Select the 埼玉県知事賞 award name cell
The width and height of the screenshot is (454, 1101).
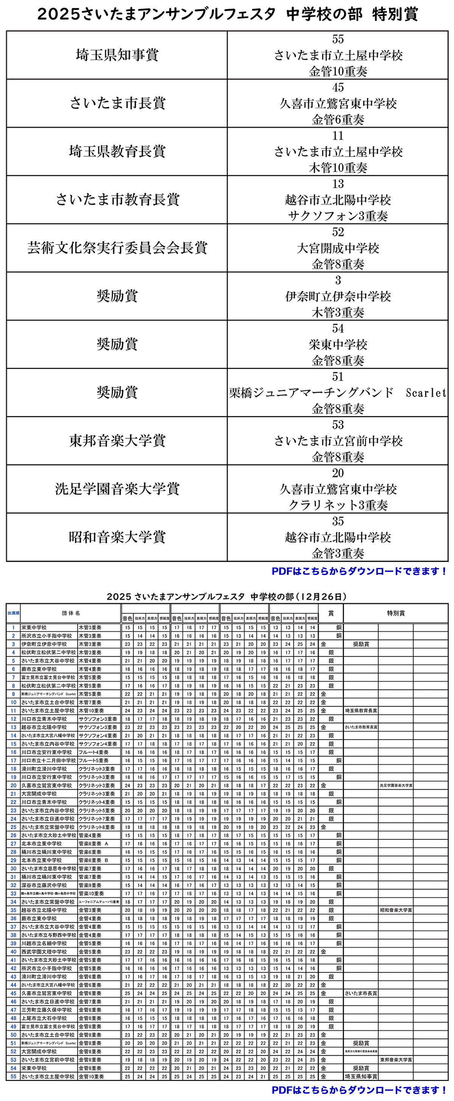(x=117, y=55)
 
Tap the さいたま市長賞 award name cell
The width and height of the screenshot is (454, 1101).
(x=117, y=103)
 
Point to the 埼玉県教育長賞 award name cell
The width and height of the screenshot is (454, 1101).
(x=117, y=151)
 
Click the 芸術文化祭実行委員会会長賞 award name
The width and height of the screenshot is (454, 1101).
(x=117, y=248)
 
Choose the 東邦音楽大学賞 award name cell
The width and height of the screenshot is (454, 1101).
(x=117, y=441)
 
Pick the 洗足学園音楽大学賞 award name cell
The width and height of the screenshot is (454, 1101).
(x=117, y=489)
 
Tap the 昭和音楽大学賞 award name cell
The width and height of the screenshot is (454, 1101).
(x=117, y=537)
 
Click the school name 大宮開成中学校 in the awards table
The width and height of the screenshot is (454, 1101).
(x=338, y=248)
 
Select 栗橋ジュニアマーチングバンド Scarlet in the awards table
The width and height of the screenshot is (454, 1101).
(x=338, y=393)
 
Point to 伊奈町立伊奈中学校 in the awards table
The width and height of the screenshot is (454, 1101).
(x=338, y=297)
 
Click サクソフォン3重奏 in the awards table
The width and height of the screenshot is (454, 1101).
(x=338, y=216)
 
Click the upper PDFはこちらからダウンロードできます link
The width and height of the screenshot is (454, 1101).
(x=359, y=571)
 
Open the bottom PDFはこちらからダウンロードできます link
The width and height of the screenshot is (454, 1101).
(x=359, y=1090)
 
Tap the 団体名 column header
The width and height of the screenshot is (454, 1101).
(x=71, y=613)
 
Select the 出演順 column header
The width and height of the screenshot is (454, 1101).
(x=13, y=613)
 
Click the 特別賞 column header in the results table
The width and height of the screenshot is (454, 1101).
(x=395, y=613)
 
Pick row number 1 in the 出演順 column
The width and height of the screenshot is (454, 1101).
(x=13, y=628)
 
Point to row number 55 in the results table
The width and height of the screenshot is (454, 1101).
(x=13, y=1077)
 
